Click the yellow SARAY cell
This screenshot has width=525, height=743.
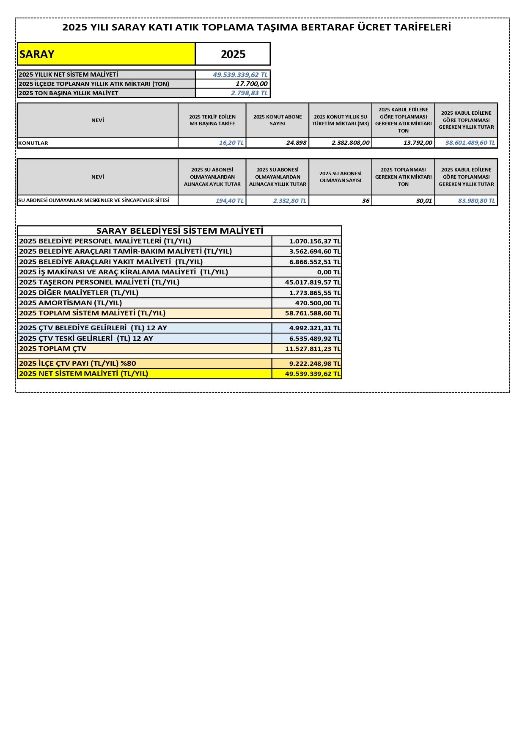click(x=106, y=54)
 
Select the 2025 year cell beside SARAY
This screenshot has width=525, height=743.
click(x=233, y=54)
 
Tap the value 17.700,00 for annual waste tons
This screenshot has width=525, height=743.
click(x=251, y=84)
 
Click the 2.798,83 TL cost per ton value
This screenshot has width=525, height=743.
click(x=249, y=93)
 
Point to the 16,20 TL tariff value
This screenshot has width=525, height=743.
click(x=231, y=143)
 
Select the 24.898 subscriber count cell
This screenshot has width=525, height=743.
click(x=296, y=143)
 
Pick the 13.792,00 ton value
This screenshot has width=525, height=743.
click(x=418, y=143)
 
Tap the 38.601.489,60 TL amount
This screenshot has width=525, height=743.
click(x=470, y=143)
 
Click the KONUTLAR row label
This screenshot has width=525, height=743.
click(x=33, y=143)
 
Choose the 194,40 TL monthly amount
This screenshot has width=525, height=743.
click(x=229, y=201)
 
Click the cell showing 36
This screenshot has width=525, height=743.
click(x=366, y=201)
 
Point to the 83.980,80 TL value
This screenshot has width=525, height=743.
click(x=476, y=201)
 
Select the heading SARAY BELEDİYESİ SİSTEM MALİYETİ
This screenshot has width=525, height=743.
click(x=180, y=231)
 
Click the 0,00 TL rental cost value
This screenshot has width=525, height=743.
click(x=328, y=272)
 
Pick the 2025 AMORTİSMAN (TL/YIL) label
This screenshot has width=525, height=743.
click(x=71, y=303)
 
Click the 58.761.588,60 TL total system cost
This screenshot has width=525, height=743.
click(x=312, y=313)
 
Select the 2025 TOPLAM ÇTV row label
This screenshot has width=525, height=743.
click(x=53, y=349)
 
